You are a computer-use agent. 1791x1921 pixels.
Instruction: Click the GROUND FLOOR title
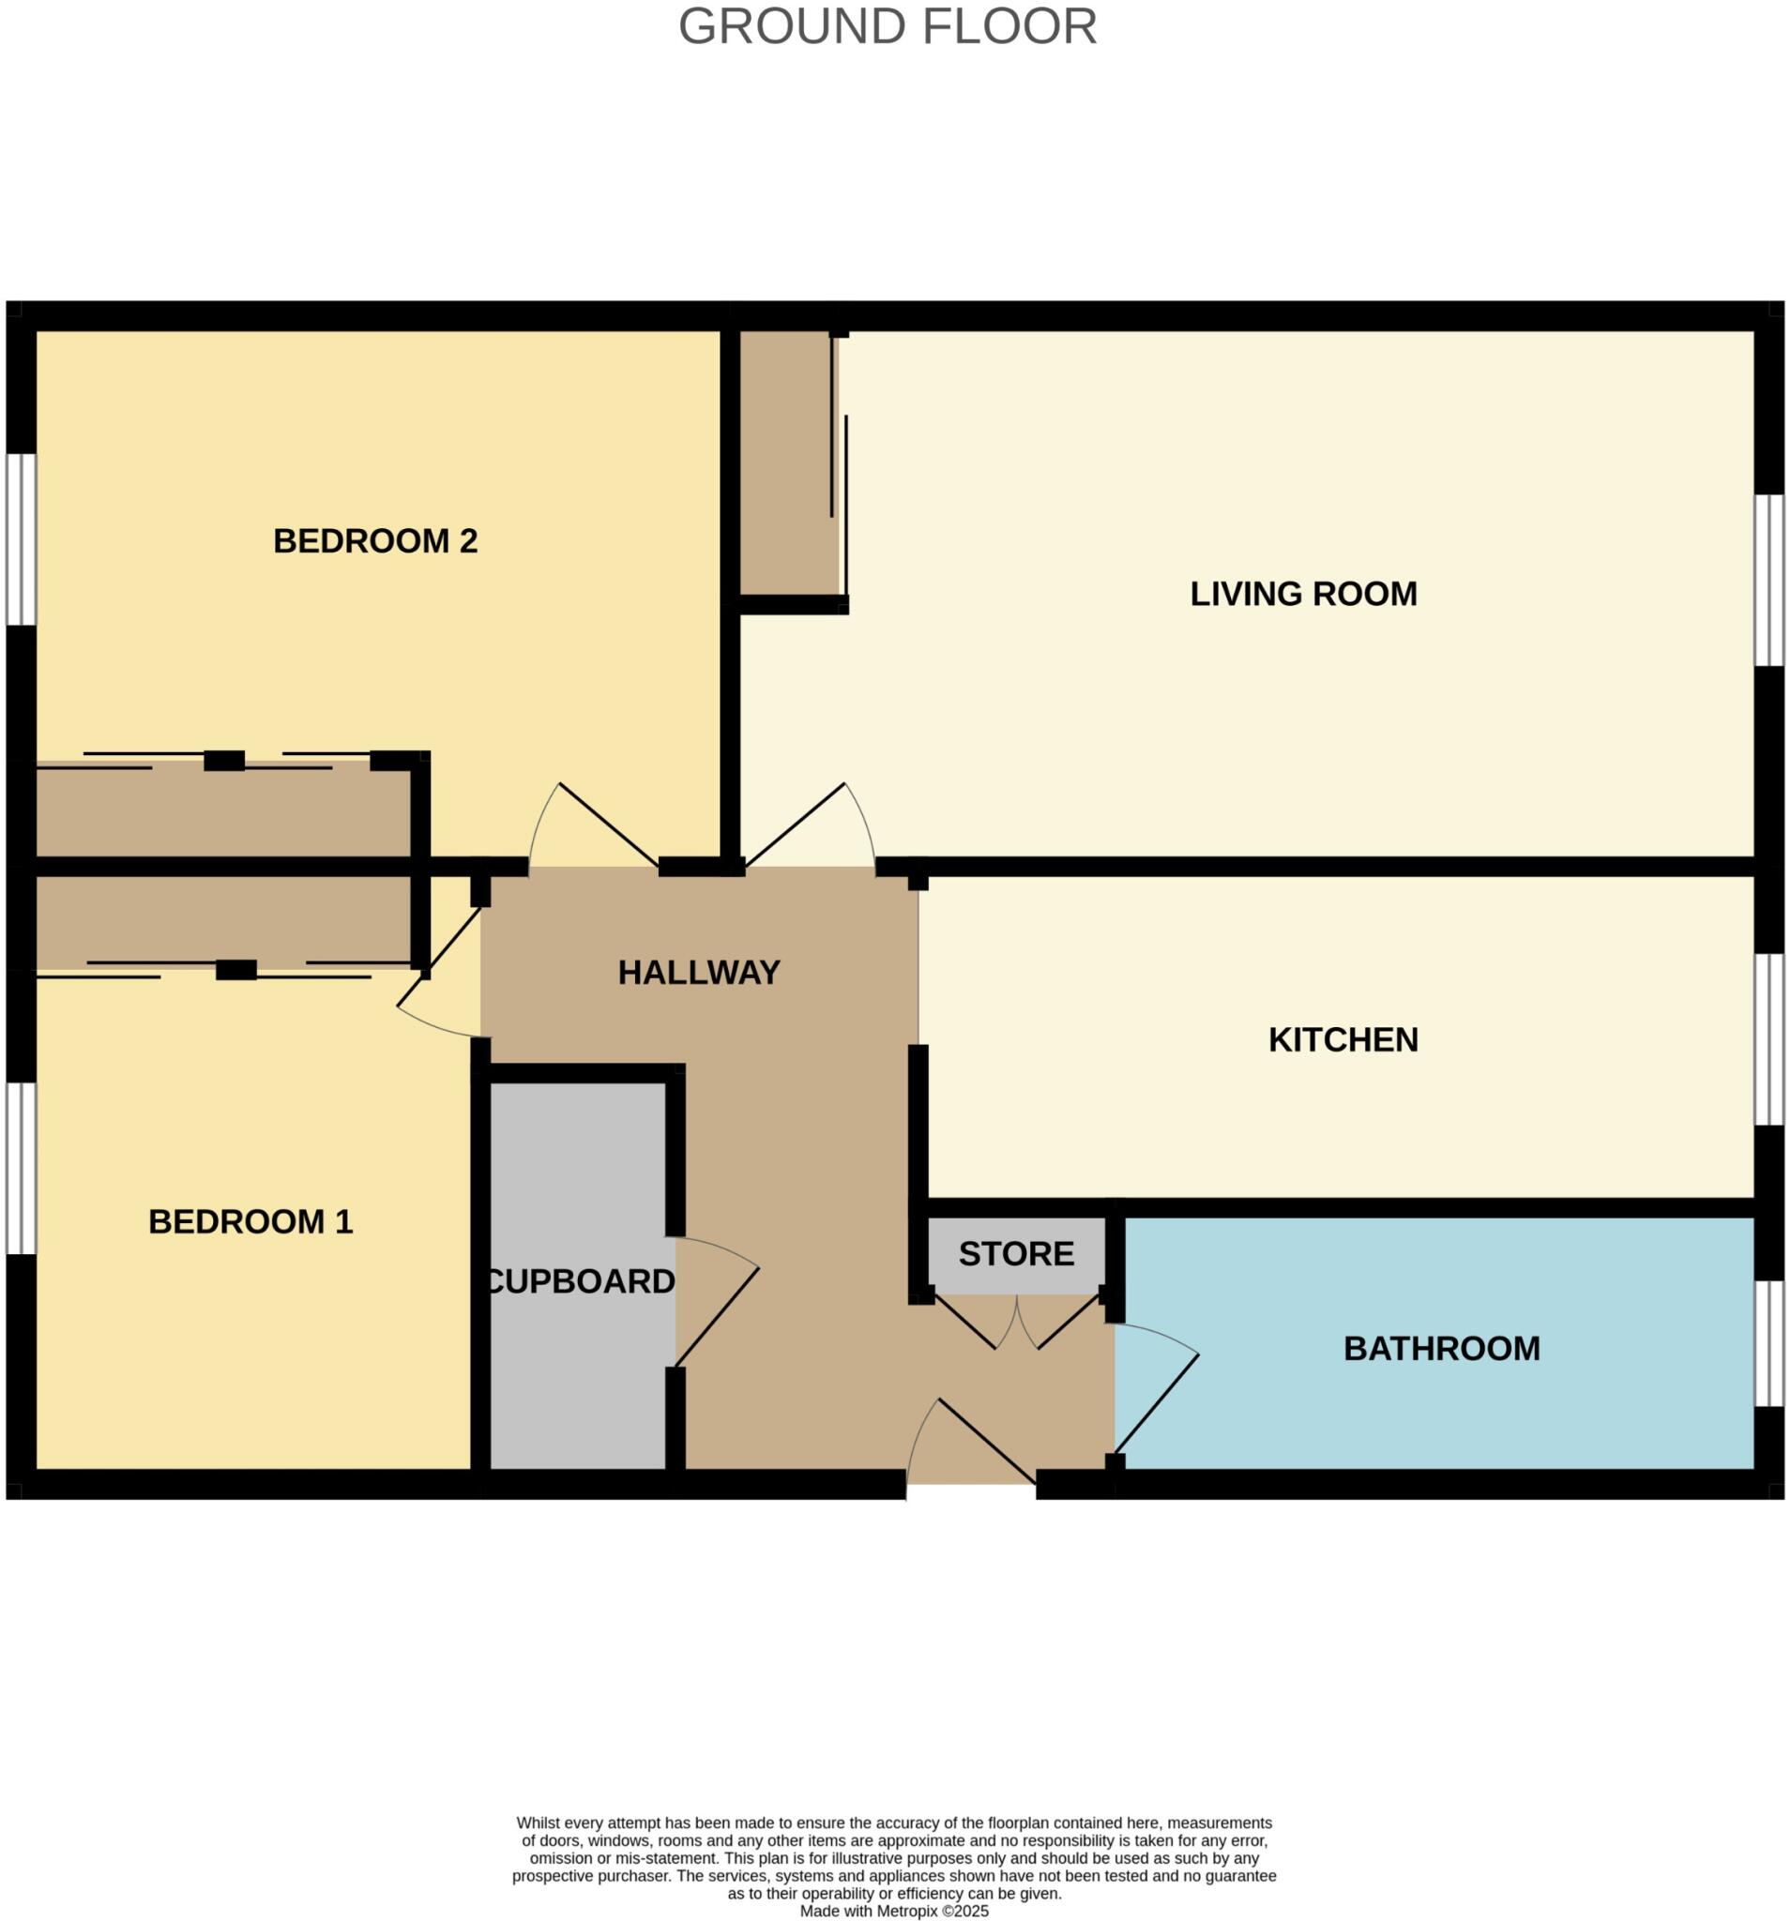coord(888,27)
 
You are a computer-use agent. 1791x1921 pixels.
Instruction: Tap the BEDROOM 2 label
coord(375,540)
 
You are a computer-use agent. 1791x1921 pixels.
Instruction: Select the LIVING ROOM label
coord(1303,594)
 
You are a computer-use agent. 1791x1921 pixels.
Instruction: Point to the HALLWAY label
coord(699,972)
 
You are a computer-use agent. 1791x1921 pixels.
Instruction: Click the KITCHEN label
coord(1343,1039)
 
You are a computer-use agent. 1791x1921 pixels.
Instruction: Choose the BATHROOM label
coord(1441,1349)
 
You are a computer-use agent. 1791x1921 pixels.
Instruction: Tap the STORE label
coord(1016,1254)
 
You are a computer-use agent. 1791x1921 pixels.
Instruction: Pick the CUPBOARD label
coord(580,1281)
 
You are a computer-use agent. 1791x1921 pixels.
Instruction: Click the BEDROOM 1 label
coord(250,1221)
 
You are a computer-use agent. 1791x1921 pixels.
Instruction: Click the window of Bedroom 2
coord(22,539)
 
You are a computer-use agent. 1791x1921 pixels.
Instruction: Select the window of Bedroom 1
coord(22,1168)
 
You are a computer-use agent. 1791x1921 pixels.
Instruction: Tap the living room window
coord(1768,581)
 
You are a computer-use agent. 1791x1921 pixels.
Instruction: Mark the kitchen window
coord(1768,1039)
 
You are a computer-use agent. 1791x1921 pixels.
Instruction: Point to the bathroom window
coord(1768,1343)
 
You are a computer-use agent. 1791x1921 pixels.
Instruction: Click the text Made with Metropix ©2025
coord(894,1912)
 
